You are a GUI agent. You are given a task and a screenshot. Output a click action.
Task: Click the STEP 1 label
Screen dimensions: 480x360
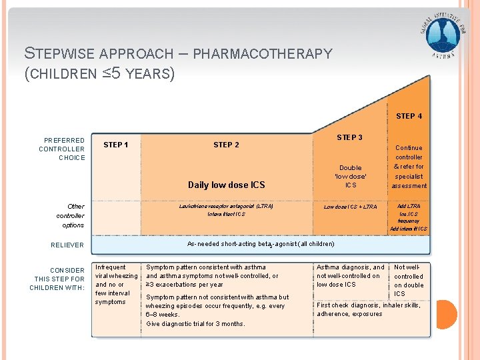pos(116,145)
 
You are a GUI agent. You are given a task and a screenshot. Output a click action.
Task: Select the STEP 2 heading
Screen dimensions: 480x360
pos(226,145)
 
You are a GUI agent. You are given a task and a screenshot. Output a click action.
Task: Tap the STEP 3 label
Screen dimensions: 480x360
pos(349,137)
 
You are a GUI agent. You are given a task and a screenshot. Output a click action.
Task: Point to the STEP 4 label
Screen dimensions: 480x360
pos(409,116)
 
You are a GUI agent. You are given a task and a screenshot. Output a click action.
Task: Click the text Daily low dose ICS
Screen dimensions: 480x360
pos(226,185)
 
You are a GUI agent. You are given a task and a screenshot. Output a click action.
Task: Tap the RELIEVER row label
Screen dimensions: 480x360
pos(67,245)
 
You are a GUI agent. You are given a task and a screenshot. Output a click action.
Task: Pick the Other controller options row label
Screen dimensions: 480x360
pos(70,215)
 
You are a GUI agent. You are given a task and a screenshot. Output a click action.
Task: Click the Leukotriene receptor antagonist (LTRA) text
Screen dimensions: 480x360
pos(226,206)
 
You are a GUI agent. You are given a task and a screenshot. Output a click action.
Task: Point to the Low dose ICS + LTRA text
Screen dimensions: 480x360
pos(350,207)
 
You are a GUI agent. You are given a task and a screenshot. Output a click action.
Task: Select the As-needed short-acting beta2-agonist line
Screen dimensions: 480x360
pos(261,244)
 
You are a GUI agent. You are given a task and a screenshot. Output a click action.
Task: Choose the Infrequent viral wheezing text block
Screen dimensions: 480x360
pos(116,285)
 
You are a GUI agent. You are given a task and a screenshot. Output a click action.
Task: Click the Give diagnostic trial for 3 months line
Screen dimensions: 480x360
pos(195,323)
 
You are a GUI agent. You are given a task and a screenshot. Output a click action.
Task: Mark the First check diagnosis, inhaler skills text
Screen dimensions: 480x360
pos(368,305)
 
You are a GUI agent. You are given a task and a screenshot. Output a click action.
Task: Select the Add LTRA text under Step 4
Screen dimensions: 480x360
pos(409,206)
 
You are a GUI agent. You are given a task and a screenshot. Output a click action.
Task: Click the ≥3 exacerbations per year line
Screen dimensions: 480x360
pos(185,284)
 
